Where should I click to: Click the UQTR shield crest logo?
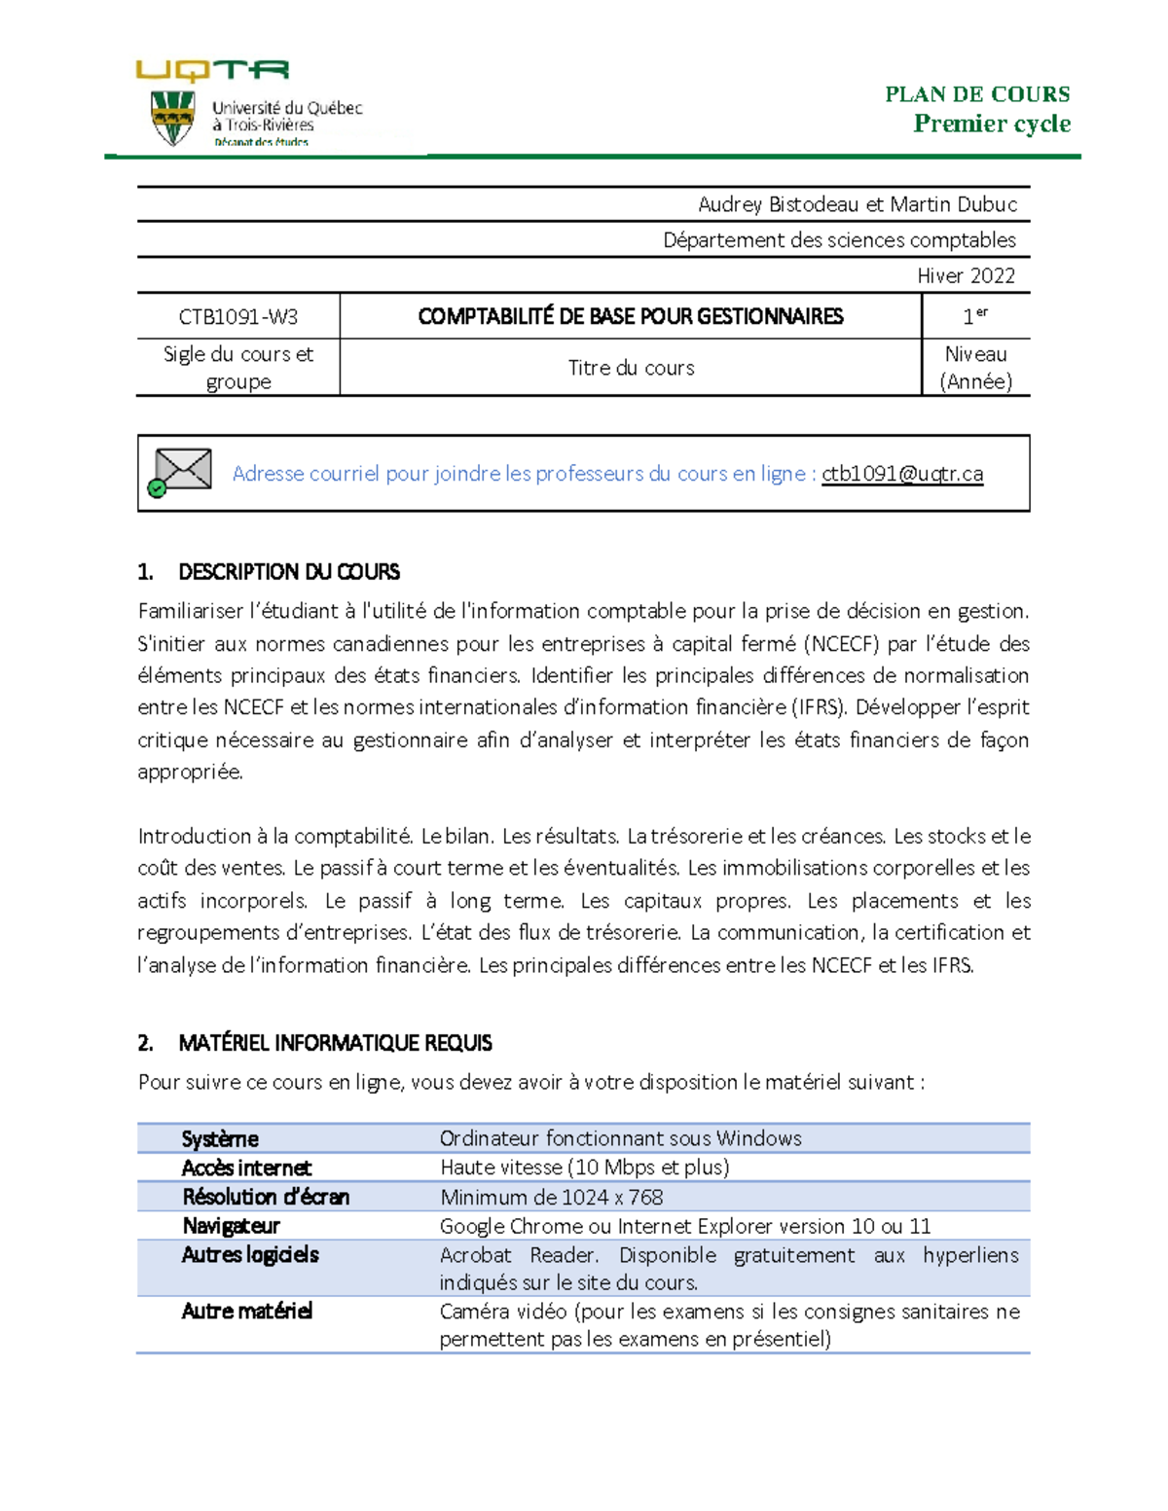coord(172,118)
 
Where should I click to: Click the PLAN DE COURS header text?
coord(976,94)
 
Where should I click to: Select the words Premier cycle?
coord(991,124)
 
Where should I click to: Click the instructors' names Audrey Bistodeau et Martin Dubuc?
coord(857,204)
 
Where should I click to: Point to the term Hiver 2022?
coord(966,275)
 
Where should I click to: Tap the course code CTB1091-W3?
coord(237,316)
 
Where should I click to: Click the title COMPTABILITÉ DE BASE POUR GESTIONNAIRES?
coord(630,316)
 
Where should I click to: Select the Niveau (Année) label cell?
coord(975,368)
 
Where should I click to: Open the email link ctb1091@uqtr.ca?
coord(901,474)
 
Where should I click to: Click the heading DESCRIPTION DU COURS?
coord(288,572)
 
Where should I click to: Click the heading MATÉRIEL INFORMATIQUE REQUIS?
coord(335,1043)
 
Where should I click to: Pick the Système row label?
coord(220,1138)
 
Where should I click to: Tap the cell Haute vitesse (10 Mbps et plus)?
coord(584,1168)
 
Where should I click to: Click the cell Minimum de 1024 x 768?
coord(551,1197)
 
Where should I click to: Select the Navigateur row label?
coord(231,1226)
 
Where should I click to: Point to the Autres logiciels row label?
coord(250,1255)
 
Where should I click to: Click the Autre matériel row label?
coord(246,1312)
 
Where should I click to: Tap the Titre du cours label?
coord(631,368)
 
